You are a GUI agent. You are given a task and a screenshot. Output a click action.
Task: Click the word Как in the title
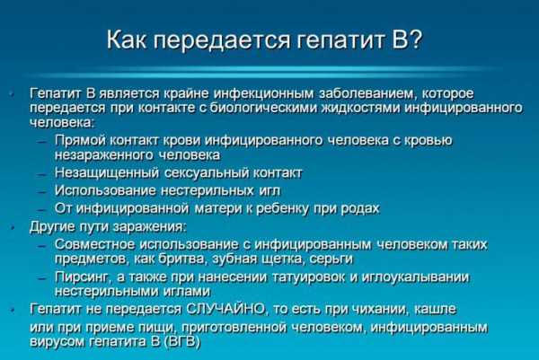(x=127, y=40)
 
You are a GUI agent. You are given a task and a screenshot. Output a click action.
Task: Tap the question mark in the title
(x=416, y=40)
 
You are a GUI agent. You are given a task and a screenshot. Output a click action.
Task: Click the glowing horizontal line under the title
(x=261, y=71)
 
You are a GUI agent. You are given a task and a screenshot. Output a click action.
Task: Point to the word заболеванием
(x=367, y=93)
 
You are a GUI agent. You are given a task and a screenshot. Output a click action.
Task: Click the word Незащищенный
(x=107, y=172)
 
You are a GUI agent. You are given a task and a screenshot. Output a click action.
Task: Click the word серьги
(x=331, y=259)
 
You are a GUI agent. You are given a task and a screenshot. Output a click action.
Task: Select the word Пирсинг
(x=83, y=277)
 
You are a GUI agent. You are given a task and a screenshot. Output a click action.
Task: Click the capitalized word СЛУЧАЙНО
(x=225, y=309)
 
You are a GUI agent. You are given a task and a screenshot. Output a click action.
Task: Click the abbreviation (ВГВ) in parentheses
(x=182, y=342)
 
